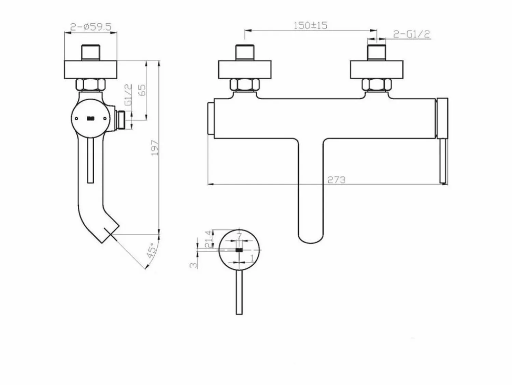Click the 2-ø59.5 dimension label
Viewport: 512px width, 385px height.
90,27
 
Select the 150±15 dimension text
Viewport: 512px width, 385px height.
310,25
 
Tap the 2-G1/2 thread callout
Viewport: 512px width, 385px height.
411,34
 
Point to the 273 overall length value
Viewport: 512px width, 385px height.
337,180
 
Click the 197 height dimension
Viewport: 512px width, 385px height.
155,148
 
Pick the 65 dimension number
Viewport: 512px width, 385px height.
142,90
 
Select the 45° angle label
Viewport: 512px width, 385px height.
152,250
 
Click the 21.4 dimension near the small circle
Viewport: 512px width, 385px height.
209,239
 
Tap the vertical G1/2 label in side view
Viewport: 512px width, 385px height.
128,94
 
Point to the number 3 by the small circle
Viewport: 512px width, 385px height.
194,265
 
